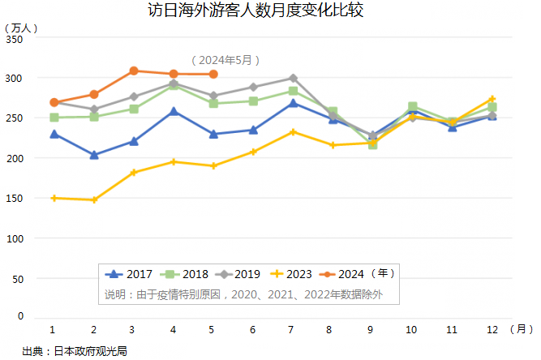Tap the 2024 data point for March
(134, 71)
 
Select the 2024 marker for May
(213, 74)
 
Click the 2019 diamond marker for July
(293, 78)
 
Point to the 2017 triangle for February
(94, 154)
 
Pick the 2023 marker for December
(492, 99)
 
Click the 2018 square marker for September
(372, 144)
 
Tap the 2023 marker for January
(54, 198)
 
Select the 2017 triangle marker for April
(174, 111)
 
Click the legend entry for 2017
(131, 275)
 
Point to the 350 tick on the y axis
(15, 39)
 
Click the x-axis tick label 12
(492, 330)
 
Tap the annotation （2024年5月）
(226, 59)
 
